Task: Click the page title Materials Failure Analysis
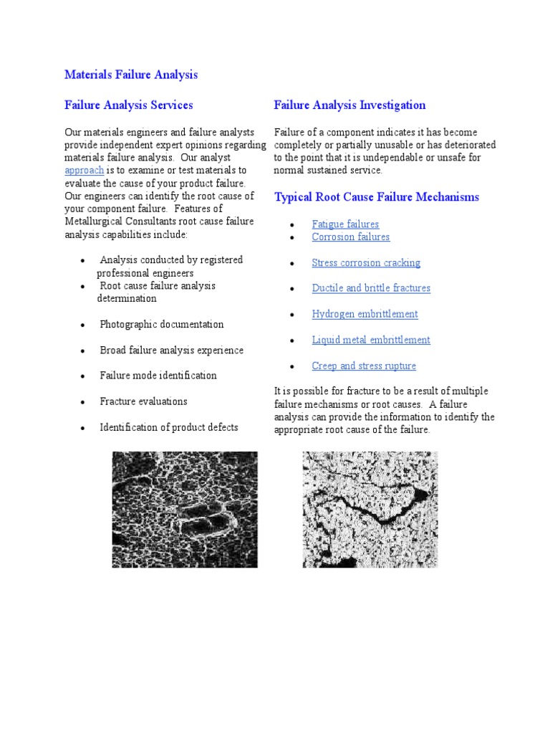[x=131, y=75]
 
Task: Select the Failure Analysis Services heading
[x=129, y=105]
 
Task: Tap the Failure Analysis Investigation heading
[x=349, y=105]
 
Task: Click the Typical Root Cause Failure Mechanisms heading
[x=377, y=197]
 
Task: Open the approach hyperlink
[x=85, y=171]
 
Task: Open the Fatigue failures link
[x=345, y=224]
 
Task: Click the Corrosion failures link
[x=351, y=237]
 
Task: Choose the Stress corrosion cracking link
[x=366, y=263]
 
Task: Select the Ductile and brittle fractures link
[x=371, y=288]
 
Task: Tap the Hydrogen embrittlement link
[x=365, y=314]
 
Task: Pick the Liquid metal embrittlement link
[x=371, y=340]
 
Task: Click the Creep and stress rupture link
[x=364, y=366]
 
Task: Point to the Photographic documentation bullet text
[x=161, y=325]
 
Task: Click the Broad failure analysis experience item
[x=171, y=351]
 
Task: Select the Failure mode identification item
[x=158, y=376]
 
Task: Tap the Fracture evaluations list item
[x=143, y=401]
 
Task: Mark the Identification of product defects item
[x=168, y=427]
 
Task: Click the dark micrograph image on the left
[x=185, y=509]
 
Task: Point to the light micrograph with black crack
[x=370, y=509]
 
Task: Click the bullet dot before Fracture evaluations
[x=84, y=403]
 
